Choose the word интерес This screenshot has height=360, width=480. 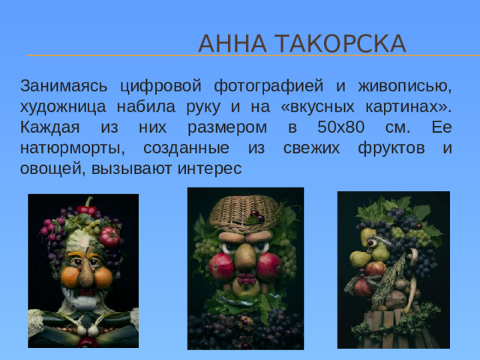point(209,169)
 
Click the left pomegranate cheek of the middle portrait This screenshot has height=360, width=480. point(223,266)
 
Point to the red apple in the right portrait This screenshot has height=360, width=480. point(375,268)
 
